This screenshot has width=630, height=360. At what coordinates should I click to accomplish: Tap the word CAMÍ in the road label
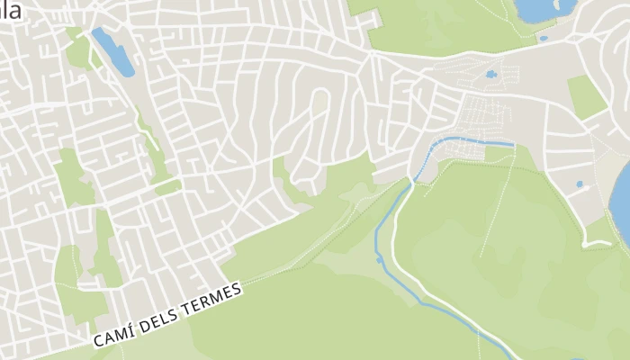coord(112,337)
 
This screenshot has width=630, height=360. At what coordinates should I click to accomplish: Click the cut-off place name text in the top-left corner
coord(10,11)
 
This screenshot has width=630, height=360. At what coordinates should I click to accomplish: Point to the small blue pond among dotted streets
coord(490,75)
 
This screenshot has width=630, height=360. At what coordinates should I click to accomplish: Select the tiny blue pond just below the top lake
coord(543,38)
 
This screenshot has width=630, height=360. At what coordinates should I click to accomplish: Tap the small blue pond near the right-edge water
coord(580,184)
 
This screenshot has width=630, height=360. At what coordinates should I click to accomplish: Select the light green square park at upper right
coord(586,96)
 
